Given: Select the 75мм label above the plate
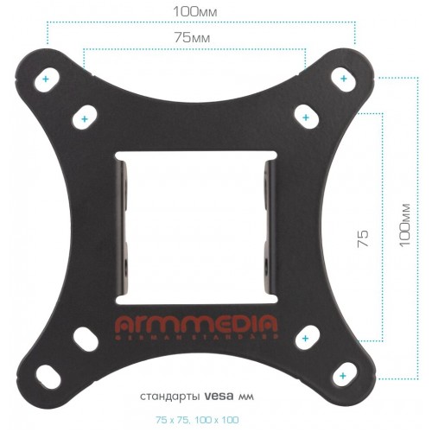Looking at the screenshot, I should click(195, 39).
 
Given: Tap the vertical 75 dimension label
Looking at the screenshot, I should click(363, 234).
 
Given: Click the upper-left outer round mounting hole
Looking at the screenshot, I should click(46, 79).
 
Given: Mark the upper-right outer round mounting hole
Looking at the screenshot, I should click(344, 79).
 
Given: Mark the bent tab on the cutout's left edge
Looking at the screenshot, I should click(124, 226).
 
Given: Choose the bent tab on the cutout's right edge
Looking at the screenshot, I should click(269, 226).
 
